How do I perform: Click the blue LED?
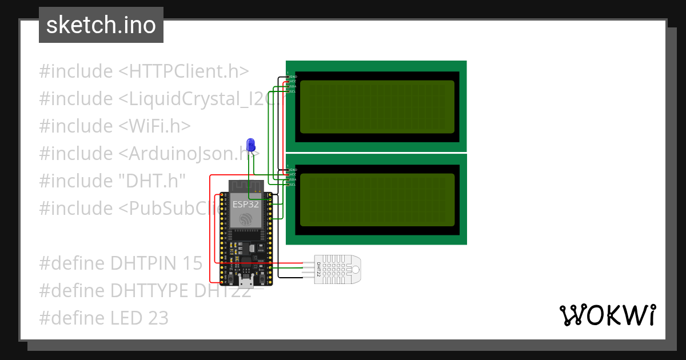tap(250, 145)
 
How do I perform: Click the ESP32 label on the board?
tap(245, 203)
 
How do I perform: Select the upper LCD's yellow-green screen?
tap(377, 106)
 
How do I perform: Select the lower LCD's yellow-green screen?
tap(377, 199)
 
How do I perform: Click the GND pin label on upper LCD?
tap(293, 77)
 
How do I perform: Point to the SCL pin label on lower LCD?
tap(293, 185)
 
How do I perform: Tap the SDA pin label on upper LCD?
tap(293, 87)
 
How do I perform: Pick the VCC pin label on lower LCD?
tap(293, 175)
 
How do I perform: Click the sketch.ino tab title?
tap(101, 25)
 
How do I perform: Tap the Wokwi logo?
tap(607, 315)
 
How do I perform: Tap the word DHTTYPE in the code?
tap(149, 291)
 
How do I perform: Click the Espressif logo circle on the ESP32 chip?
tap(246, 218)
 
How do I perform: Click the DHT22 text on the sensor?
tap(318, 269)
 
